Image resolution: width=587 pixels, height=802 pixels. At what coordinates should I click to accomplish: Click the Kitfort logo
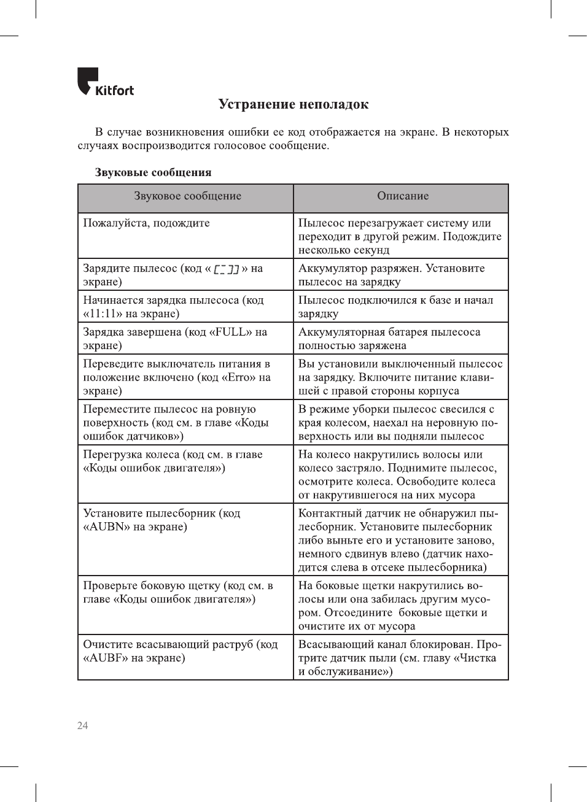(105, 82)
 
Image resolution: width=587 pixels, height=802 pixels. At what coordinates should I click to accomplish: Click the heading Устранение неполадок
(293, 104)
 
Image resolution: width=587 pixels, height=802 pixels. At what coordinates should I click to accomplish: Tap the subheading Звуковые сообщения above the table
(153, 172)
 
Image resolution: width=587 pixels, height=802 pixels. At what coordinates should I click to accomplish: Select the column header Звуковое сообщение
(187, 196)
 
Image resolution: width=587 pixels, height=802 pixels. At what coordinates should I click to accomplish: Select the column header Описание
(403, 196)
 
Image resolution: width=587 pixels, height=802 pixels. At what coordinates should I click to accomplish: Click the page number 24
(82, 725)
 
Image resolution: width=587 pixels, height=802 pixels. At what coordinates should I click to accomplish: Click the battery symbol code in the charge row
(226, 269)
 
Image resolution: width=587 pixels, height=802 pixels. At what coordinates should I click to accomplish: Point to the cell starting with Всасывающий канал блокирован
(400, 658)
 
